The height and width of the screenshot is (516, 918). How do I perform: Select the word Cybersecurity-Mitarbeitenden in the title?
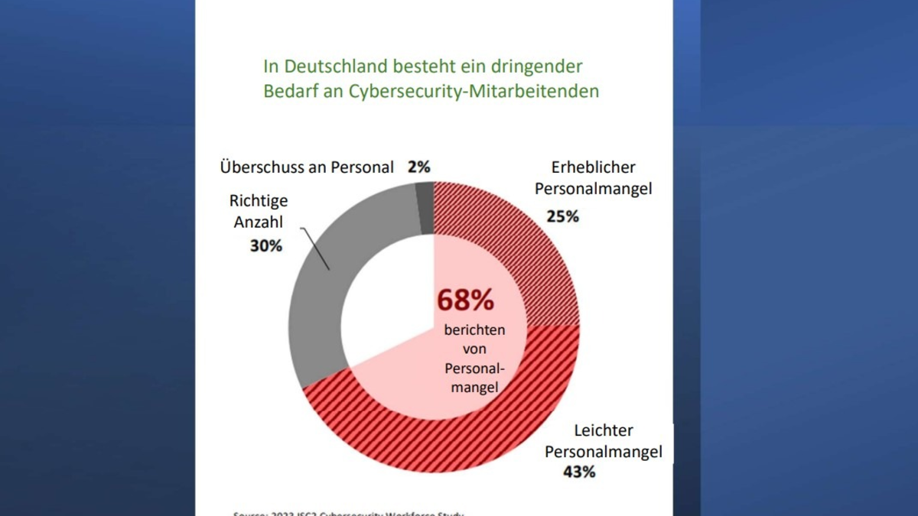[474, 92]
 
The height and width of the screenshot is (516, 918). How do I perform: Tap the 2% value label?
[418, 167]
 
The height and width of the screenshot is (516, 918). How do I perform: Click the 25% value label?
[562, 216]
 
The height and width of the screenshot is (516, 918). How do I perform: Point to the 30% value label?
[265, 245]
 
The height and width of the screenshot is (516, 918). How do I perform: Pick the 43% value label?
[578, 472]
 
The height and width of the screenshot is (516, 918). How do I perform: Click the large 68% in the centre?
[465, 300]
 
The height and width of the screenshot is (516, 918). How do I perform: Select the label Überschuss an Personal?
[306, 167]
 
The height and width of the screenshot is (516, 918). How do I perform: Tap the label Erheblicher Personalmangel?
[593, 177]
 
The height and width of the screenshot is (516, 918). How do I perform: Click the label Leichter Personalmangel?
[603, 441]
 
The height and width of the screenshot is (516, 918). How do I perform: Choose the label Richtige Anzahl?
[259, 211]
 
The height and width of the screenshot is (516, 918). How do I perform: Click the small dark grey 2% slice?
[425, 207]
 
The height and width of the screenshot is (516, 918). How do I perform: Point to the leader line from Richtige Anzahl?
[315, 248]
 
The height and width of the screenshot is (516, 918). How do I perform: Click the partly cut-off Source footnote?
[348, 512]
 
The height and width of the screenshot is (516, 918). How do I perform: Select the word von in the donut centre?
[474, 350]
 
